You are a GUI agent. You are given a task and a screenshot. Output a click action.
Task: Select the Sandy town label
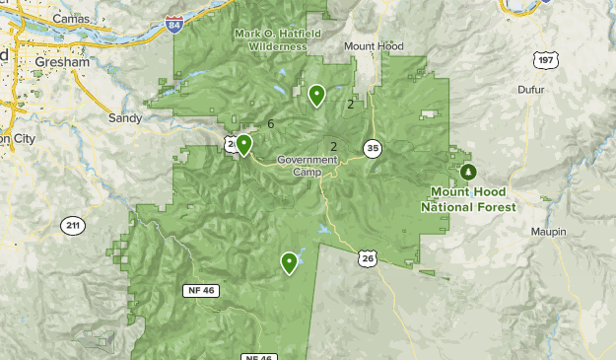tap(125, 117)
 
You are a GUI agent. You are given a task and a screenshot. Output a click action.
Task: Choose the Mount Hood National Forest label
tap(468, 199)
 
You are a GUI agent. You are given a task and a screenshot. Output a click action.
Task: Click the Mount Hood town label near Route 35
tap(375, 46)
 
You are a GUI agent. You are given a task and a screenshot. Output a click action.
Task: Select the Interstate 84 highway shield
tap(174, 24)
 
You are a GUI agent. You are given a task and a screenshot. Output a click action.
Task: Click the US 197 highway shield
tap(547, 61)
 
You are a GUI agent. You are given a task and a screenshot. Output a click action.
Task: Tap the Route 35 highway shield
tap(372, 149)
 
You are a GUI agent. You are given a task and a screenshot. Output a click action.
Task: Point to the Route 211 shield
tap(72, 226)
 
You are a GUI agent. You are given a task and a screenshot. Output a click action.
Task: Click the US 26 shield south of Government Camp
tap(367, 258)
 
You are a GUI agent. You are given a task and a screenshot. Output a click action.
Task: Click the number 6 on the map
tap(270, 123)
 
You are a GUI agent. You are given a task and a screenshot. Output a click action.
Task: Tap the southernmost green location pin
tap(289, 262)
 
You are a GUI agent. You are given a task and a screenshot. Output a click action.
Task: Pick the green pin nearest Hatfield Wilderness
tap(316, 95)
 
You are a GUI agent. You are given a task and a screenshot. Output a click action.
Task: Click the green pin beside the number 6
tap(243, 145)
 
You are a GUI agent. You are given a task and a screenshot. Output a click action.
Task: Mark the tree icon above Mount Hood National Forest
tap(468, 172)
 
